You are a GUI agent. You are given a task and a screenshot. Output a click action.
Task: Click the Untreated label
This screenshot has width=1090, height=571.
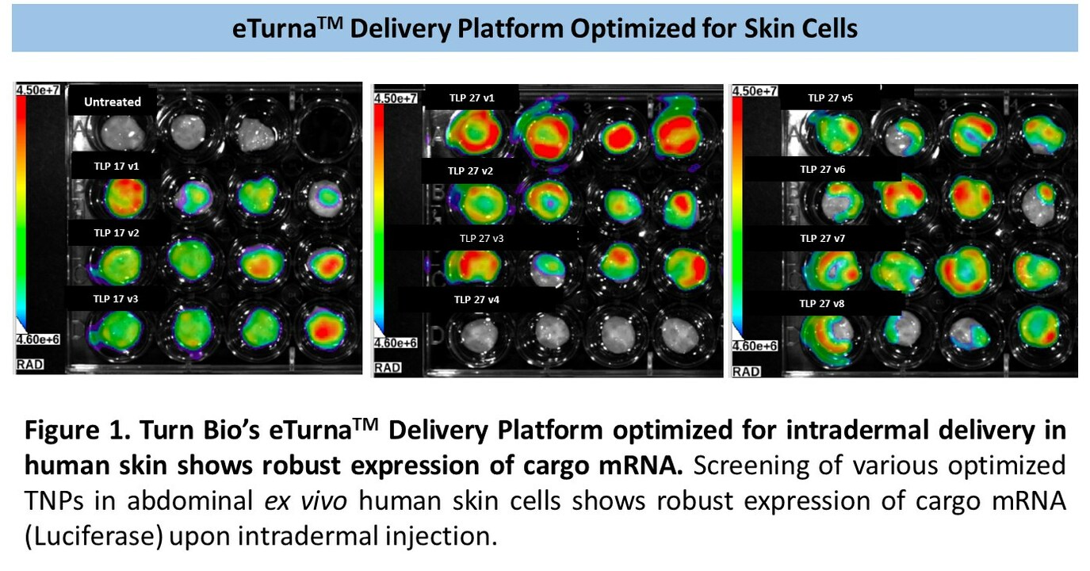coord(113,102)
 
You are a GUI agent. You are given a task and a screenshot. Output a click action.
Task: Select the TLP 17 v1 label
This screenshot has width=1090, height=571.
coord(116,167)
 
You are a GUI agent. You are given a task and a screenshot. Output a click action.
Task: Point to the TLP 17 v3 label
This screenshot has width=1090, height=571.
coord(116,298)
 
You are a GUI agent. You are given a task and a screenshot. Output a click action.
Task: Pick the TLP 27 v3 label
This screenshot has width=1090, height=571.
coord(483,237)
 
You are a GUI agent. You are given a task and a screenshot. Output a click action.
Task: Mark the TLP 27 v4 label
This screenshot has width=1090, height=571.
coord(476,300)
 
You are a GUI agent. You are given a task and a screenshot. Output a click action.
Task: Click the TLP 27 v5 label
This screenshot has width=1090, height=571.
coord(830,98)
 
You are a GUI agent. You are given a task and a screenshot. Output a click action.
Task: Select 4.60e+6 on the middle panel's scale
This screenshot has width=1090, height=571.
coord(396,343)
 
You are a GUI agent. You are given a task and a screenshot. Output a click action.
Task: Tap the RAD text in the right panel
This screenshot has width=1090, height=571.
coord(747,370)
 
